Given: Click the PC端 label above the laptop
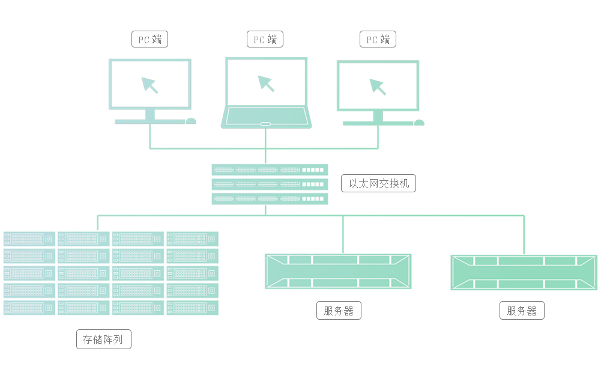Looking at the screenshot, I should [x=265, y=40].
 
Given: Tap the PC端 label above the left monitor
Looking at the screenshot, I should [x=149, y=40].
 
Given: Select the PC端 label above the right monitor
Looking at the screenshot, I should [x=378, y=40].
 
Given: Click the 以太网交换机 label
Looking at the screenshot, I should [x=378, y=183].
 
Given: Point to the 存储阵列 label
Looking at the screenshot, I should [x=103, y=340].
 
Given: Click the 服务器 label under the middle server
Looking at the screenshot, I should [x=339, y=311].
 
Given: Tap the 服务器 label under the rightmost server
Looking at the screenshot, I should [x=522, y=311].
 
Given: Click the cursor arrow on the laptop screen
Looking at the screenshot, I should [x=266, y=84].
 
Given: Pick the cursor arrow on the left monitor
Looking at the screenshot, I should [x=149, y=85].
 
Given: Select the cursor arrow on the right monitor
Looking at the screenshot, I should [x=378, y=87].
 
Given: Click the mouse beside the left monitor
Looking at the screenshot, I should [x=191, y=121].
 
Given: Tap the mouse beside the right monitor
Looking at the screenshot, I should [x=419, y=123].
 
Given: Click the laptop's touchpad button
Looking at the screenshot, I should [x=265, y=124].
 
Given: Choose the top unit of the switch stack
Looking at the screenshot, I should [x=270, y=169].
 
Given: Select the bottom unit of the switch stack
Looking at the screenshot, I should [x=270, y=199].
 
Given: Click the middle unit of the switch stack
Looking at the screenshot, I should [x=270, y=184].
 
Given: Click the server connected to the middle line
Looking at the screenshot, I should [x=338, y=271].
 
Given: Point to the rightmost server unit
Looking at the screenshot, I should [x=524, y=272].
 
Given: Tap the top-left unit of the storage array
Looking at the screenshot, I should [x=29, y=239].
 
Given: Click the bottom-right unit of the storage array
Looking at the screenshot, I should [x=192, y=308].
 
